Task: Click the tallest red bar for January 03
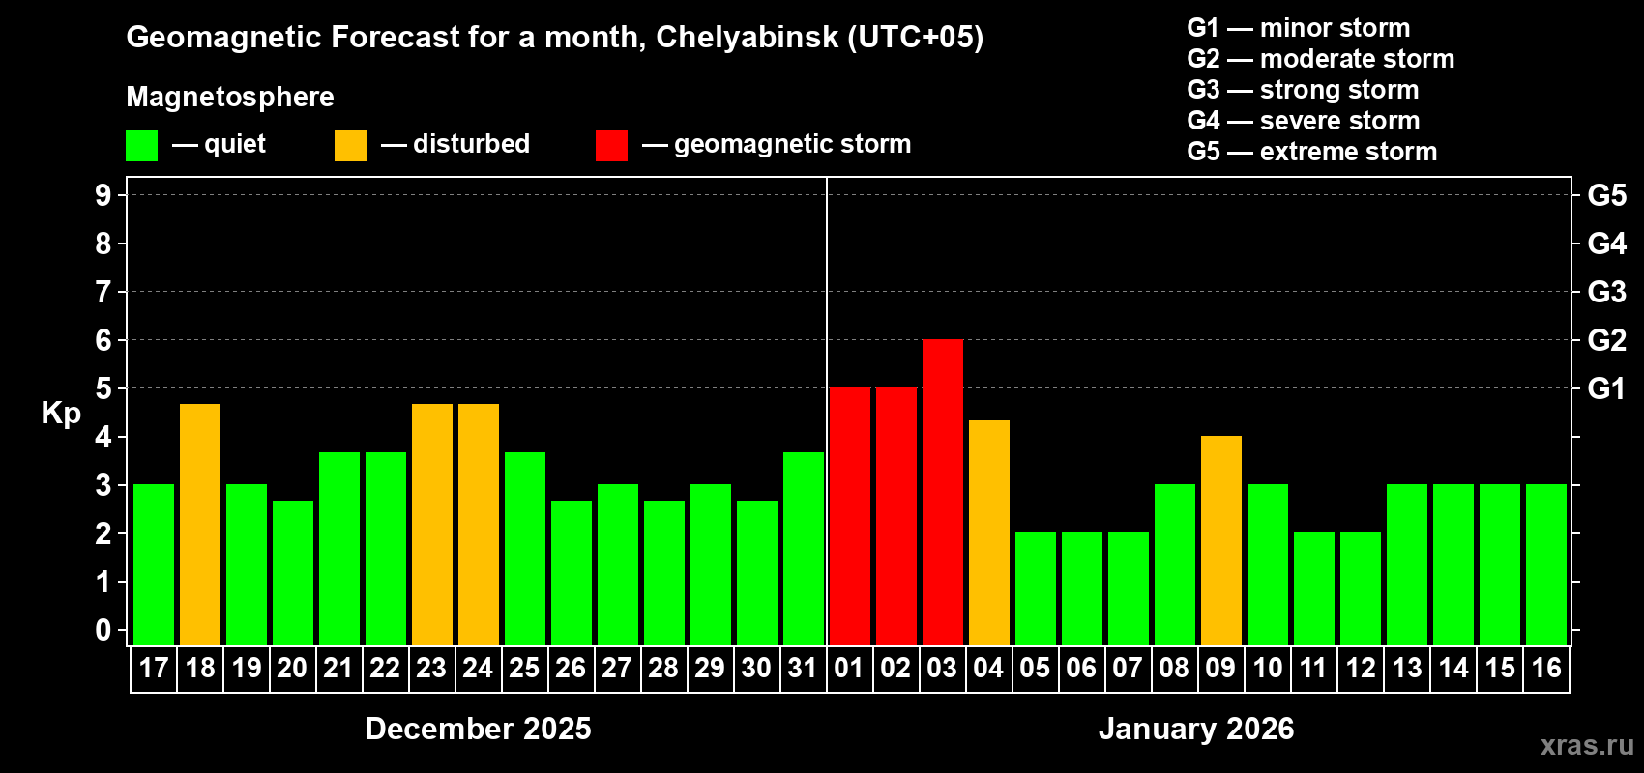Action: pos(943,492)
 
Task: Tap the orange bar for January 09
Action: pos(1221,540)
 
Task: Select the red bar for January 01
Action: pos(850,516)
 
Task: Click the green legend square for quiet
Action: pos(141,146)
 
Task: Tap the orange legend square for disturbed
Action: pos(350,146)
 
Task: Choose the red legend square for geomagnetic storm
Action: pos(611,146)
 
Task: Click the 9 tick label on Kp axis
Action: pos(103,195)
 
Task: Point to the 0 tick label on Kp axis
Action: pos(103,631)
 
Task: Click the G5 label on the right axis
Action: pos(1606,195)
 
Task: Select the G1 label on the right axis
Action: pos(1606,388)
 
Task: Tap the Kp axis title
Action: pos(61,414)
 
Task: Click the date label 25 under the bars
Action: pos(524,668)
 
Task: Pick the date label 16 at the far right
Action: pos(1546,668)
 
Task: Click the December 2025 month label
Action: pos(478,729)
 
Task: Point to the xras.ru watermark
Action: pos(1587,745)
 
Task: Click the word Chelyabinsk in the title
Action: pos(747,38)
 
